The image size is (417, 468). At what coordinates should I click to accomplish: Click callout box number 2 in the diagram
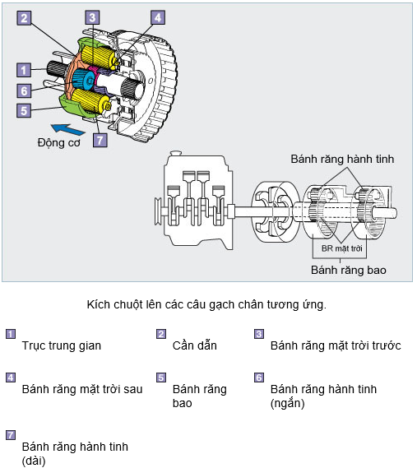[x=24, y=18]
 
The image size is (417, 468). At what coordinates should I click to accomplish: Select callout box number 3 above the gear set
[x=92, y=17]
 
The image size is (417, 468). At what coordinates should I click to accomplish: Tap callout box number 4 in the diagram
[x=158, y=17]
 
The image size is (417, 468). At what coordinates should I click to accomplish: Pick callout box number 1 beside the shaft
[x=24, y=71]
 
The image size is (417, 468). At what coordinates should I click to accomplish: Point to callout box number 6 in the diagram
[x=24, y=90]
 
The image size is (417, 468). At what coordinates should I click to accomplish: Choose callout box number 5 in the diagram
[x=24, y=110]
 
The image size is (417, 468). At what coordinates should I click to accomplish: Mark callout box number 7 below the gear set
[x=100, y=140]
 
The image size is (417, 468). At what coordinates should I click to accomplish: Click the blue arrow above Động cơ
[x=68, y=129]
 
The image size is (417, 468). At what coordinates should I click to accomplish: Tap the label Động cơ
[x=58, y=143]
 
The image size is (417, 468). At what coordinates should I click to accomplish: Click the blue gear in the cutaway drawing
[x=84, y=80]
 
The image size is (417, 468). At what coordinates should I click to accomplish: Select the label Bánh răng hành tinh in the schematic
[x=342, y=159]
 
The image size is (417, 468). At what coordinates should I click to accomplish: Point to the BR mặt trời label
[x=342, y=248]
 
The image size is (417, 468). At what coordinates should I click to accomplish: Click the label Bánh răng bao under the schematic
[x=349, y=270]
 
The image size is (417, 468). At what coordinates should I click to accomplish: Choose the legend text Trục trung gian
[x=62, y=345]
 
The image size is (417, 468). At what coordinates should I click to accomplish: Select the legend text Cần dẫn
[x=195, y=345]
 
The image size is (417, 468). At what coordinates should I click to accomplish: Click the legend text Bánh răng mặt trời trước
[x=336, y=345]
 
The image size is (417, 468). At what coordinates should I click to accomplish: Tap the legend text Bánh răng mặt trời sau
[x=82, y=389]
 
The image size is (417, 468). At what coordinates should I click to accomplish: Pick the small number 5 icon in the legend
[x=161, y=378]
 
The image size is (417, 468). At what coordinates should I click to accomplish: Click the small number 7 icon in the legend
[x=11, y=435]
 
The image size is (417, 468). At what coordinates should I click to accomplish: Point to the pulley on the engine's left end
[x=158, y=212]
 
